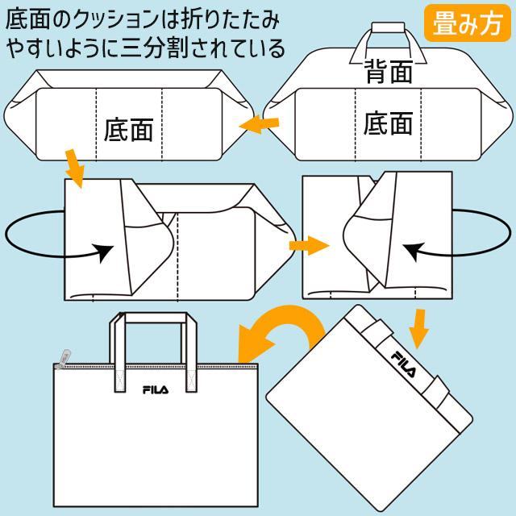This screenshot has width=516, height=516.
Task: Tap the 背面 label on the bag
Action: click(x=388, y=72)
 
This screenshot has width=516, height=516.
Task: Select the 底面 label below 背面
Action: click(x=388, y=123)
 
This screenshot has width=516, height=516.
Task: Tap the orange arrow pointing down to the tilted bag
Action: click(x=418, y=325)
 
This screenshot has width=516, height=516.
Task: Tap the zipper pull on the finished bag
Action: click(x=60, y=355)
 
